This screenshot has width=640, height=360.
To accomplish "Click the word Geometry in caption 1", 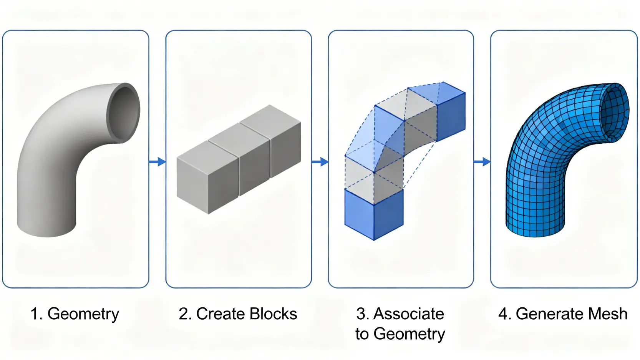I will [83, 314].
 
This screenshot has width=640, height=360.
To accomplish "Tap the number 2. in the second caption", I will [185, 314].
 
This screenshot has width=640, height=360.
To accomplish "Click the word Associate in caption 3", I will [409, 314].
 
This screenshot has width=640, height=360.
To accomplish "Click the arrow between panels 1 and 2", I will [157, 162].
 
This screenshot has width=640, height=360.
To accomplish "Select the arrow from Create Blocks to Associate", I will [320, 162].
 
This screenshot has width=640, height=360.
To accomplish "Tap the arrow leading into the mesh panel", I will [482, 162].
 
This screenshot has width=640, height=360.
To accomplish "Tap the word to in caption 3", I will [362, 334].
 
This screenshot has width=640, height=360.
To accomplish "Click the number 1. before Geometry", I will [36, 314].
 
